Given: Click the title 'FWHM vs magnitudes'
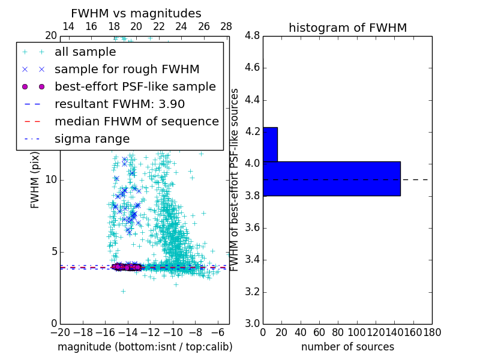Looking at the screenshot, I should pos(136,13).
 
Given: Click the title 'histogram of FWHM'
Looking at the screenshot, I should pos(347,28).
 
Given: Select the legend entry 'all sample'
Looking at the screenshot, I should pos(85,52).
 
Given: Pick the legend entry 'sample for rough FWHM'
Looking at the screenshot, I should pos(127,70).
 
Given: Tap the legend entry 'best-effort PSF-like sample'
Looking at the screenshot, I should pos(135,87).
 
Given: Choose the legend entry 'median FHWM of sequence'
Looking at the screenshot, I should pos(136,121).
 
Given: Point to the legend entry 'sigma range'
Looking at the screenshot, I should pos(92,139).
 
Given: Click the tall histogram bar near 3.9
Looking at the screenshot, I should pos(331,178).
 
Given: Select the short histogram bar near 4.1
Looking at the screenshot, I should pos(270,144).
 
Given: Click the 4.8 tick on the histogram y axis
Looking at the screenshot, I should pos(252,36).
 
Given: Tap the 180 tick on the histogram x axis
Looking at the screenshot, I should pos(432,332).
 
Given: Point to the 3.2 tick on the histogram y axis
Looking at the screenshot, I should pos(252,292).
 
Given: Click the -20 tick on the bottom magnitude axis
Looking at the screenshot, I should pos(60,332).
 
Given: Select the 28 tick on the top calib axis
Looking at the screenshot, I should pos(226,26).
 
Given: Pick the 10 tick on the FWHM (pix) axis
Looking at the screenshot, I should pos(50,180).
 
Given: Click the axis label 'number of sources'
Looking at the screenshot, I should pos(347,347).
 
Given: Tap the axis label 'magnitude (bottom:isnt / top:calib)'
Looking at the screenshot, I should pos(145,347).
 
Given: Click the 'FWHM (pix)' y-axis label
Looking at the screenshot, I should pos(35,181).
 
